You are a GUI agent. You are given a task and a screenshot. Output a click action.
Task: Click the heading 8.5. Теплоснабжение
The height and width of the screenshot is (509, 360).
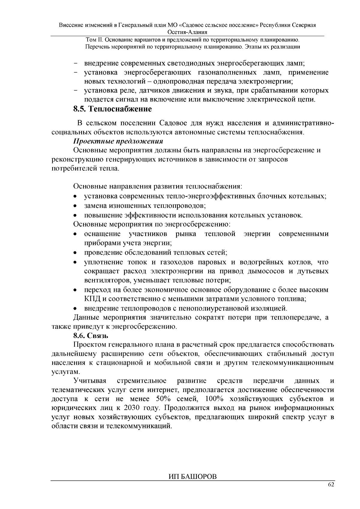click(x=112, y=109)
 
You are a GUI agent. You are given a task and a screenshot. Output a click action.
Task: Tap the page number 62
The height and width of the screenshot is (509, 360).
click(x=331, y=485)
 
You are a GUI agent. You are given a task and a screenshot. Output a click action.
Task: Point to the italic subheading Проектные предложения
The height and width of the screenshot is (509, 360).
click(x=118, y=141)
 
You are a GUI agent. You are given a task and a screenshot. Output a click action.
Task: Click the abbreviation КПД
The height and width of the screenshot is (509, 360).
click(x=91, y=299)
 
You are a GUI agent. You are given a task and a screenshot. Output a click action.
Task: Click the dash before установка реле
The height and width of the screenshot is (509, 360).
click(x=75, y=91)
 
